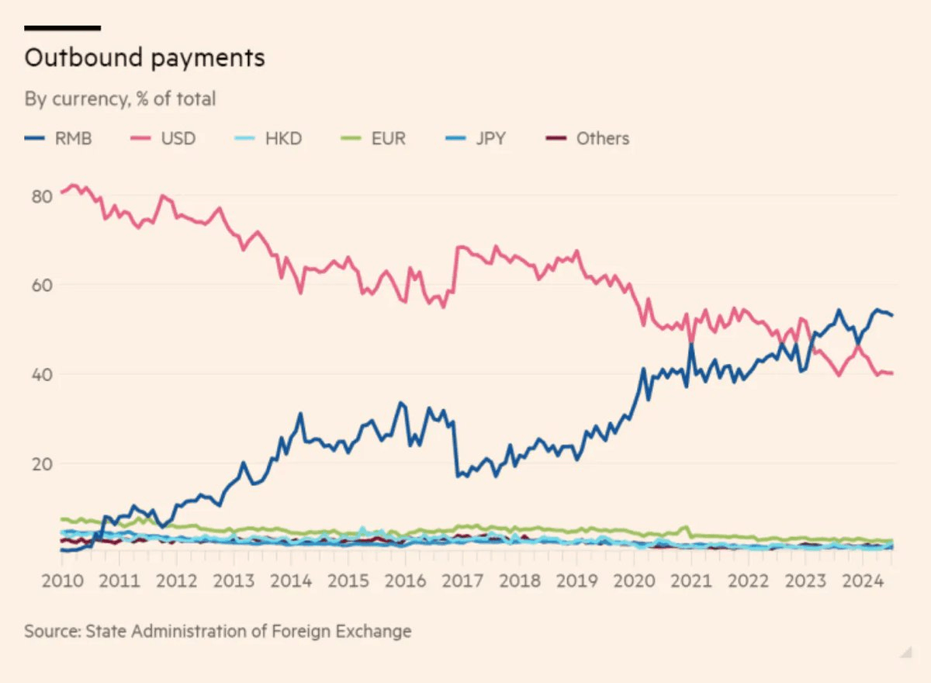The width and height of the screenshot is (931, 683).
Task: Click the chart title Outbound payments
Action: pyautogui.click(x=145, y=58)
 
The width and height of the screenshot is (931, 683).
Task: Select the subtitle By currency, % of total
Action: pyautogui.click(x=120, y=99)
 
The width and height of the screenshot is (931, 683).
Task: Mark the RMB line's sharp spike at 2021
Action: pyautogui.click(x=690, y=346)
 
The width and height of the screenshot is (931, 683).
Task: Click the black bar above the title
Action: pyautogui.click(x=63, y=28)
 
